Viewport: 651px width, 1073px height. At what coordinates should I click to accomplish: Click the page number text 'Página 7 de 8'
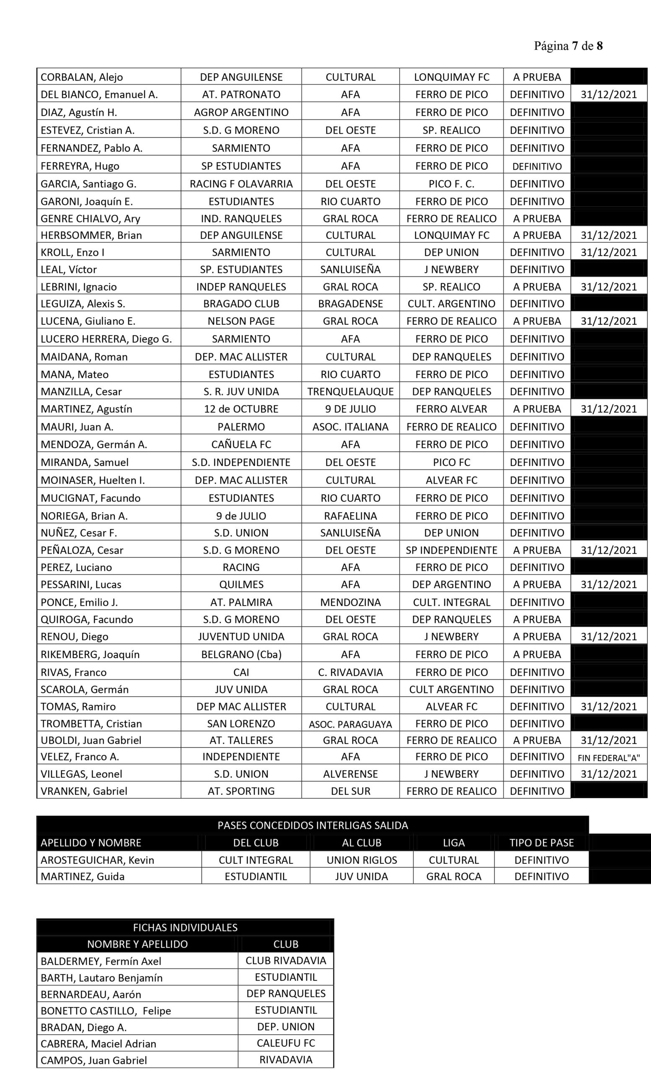point(568,46)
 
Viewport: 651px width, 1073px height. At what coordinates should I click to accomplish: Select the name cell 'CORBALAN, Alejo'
point(82,77)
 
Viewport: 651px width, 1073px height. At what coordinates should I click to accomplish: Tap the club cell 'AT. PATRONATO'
point(241,94)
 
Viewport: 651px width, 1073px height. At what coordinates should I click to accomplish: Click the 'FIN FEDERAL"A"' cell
point(608,758)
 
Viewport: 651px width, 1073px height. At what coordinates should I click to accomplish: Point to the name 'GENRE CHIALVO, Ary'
point(90,219)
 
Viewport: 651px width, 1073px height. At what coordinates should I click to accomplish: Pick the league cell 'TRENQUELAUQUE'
point(350,391)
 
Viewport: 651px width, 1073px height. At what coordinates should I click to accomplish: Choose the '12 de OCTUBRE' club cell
point(241,409)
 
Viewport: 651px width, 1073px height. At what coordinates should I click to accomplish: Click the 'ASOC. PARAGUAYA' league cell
point(350,724)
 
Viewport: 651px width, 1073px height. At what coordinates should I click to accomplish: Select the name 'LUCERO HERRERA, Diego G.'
point(106,339)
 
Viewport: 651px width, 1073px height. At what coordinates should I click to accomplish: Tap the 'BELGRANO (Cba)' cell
point(241,654)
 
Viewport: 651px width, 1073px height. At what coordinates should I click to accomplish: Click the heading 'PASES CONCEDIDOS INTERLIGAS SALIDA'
point(313,825)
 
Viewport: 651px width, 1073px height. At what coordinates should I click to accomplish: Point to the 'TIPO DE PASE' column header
point(541,842)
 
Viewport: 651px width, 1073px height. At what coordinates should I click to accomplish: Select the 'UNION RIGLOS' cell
point(362,860)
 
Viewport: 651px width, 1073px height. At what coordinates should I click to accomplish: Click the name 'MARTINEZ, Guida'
point(83,876)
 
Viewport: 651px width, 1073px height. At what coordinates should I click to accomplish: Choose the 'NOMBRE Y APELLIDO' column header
point(137,944)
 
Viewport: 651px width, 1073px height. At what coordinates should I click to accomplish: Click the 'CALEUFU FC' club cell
point(285,1043)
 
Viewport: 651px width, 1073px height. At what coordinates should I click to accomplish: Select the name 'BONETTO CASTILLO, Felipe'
point(106,1011)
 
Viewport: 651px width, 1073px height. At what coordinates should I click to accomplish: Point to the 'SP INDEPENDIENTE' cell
point(451,550)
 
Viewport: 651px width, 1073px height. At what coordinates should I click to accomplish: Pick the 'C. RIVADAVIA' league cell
point(350,672)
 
